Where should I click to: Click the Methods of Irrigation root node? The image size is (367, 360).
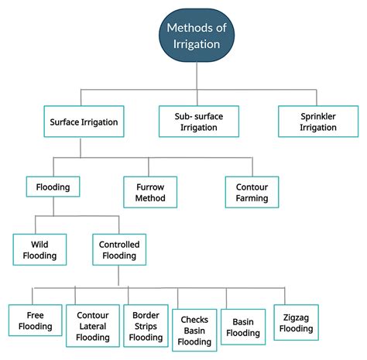(x=197, y=36)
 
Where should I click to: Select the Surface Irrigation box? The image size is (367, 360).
(x=84, y=122)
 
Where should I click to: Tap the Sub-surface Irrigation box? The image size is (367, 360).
(x=199, y=122)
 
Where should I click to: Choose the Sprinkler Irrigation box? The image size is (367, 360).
(x=318, y=122)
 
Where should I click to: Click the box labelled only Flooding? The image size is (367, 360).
(x=53, y=187)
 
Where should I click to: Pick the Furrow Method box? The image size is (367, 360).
(x=150, y=192)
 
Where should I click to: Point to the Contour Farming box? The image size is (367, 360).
(x=252, y=192)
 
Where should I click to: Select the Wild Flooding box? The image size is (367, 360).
(x=39, y=249)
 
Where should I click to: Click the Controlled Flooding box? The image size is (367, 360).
(x=119, y=249)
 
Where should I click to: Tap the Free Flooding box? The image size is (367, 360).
(x=36, y=321)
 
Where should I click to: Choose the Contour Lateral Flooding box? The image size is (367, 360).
(x=93, y=326)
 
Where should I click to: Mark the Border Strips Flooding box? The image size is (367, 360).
(x=146, y=326)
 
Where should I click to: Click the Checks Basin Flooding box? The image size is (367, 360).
(x=194, y=331)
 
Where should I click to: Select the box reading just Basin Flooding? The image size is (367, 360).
(x=243, y=327)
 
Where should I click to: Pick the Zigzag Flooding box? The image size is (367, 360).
(x=297, y=323)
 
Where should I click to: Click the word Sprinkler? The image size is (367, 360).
(x=318, y=116)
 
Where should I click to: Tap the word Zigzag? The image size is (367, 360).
(x=296, y=317)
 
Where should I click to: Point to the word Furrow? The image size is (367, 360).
(x=150, y=187)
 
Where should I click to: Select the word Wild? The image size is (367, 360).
(x=39, y=244)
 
